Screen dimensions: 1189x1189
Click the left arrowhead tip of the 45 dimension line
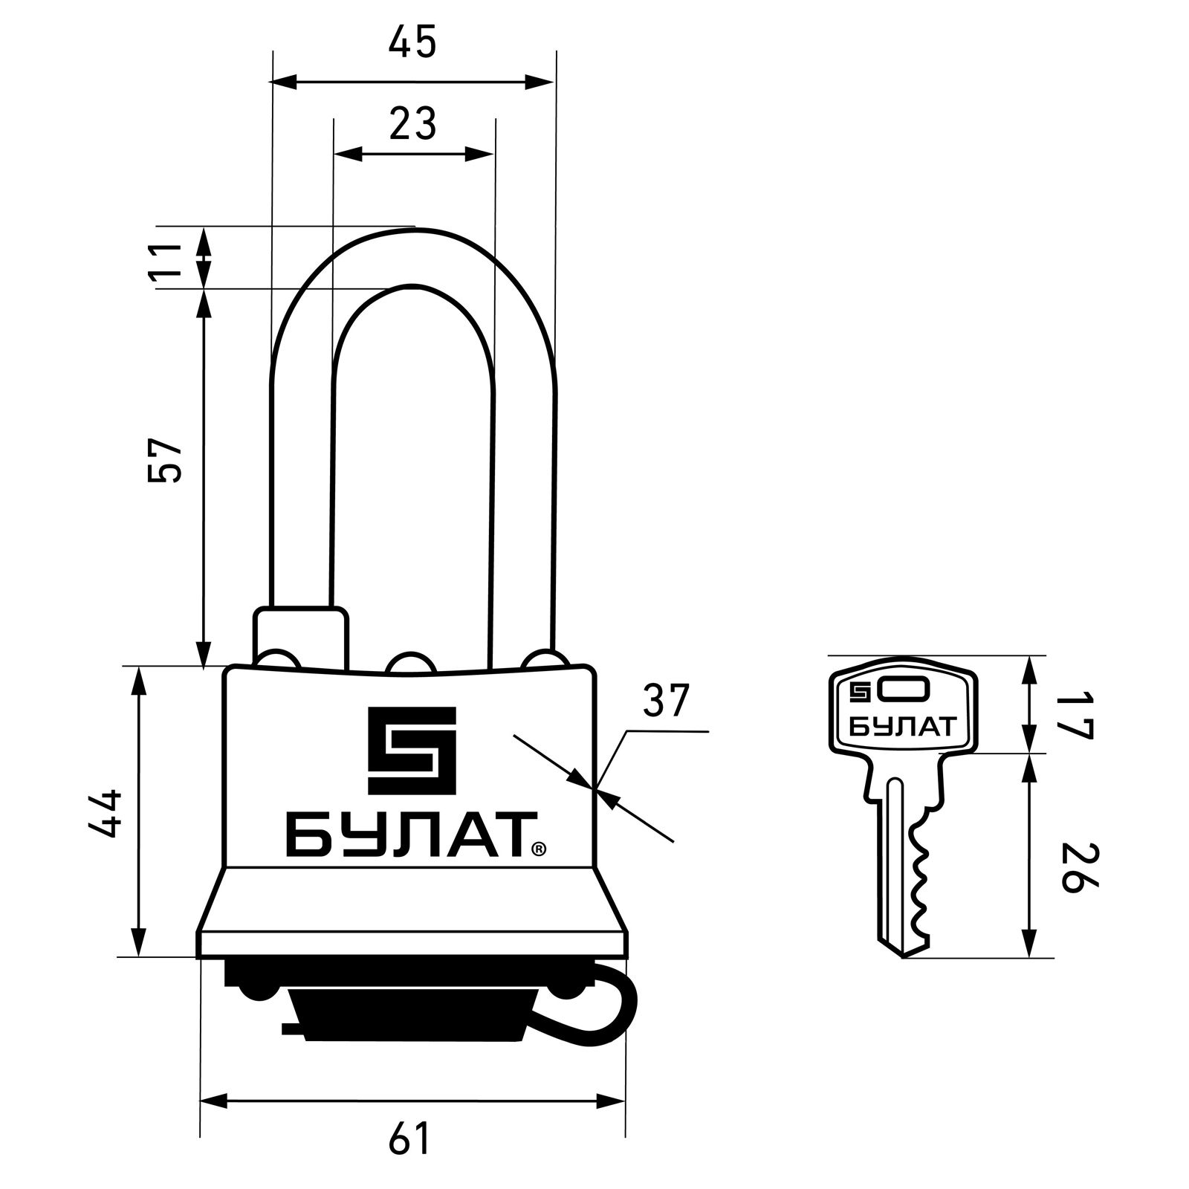pos(273,82)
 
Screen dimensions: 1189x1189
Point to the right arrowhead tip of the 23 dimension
pos(493,155)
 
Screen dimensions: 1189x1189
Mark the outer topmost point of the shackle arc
pos(413,227)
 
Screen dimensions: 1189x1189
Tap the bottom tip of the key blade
pos(902,957)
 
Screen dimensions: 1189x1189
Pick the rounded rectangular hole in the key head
pos(901,691)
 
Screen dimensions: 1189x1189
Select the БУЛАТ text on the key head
pos(901,726)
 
